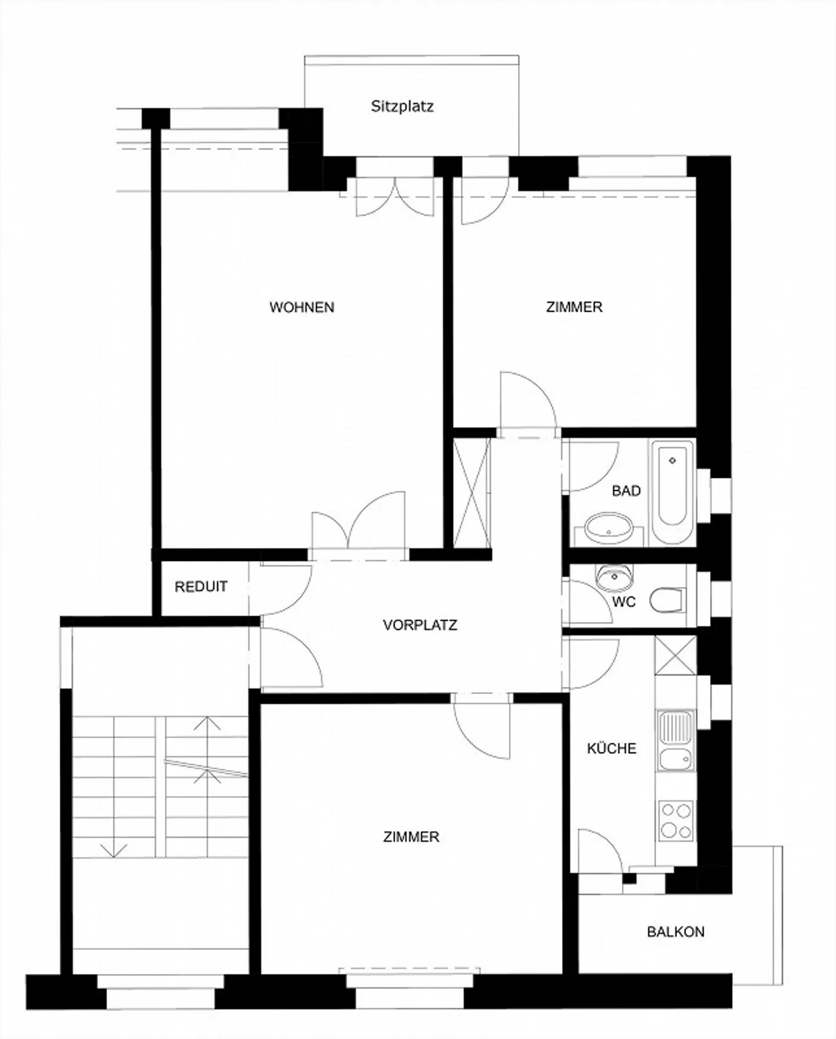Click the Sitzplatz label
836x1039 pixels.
[x=402, y=107]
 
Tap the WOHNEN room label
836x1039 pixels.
[x=302, y=307]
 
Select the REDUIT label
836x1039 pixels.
[x=201, y=587]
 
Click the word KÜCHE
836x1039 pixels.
[x=612, y=748]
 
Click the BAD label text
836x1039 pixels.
[x=626, y=491]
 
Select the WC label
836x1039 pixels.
[x=624, y=602]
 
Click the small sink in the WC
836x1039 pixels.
[x=614, y=577]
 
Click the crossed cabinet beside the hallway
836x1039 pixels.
[x=471, y=492]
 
